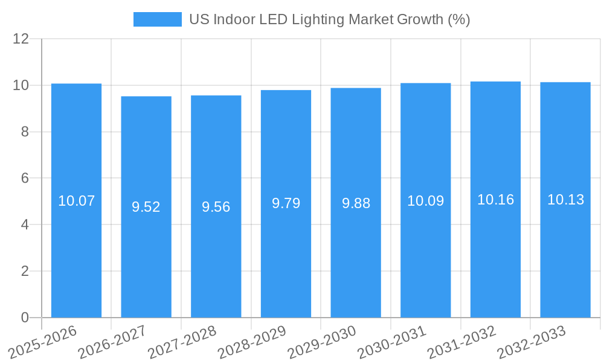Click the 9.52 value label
(146, 207)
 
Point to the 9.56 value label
(216, 207)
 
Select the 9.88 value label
(356, 203)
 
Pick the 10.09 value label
(425, 201)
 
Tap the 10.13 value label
(565, 200)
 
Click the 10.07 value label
(76, 201)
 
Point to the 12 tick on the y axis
(21, 39)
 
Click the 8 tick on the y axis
(25, 132)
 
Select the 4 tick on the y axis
(25, 224)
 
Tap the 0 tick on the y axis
(25, 318)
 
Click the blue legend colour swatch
(157, 19)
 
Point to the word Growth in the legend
(420, 19)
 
